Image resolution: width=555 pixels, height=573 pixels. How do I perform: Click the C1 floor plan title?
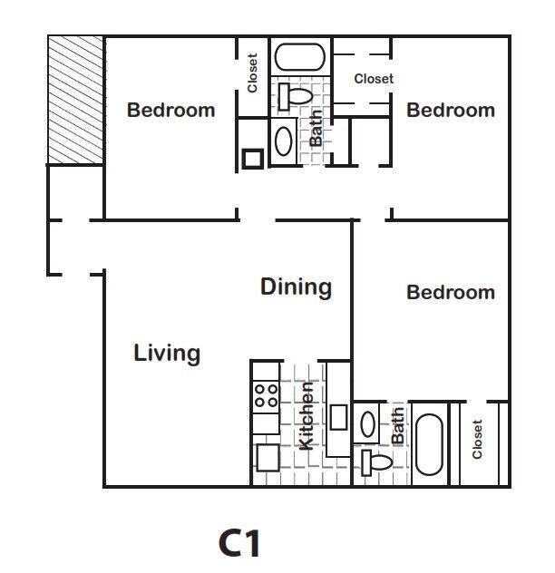point(239,543)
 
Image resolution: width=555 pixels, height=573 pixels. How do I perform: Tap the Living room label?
point(167,354)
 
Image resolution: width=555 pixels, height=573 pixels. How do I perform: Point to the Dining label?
point(297,286)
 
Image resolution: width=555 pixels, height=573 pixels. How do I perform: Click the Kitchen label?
point(306,416)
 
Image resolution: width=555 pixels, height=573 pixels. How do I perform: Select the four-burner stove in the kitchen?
point(266,396)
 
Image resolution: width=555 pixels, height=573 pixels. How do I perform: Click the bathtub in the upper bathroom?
point(300,57)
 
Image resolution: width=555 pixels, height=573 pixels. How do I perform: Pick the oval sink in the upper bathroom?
point(283,141)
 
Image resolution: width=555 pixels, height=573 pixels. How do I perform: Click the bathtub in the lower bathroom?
point(429,444)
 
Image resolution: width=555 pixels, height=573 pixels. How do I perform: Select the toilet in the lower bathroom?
point(376,462)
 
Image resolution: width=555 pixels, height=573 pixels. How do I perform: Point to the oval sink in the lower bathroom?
point(367,424)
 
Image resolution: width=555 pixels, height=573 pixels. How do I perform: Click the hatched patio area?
point(75,100)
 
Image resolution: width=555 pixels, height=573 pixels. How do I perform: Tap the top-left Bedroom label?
point(170,110)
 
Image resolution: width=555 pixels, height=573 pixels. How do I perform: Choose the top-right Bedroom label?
point(451,110)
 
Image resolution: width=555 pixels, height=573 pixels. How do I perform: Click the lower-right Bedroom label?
point(451,292)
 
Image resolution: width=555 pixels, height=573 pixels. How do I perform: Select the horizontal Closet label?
point(374,79)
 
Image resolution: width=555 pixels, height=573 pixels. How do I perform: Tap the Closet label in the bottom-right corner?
point(477,439)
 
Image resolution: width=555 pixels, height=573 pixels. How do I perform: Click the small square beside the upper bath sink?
point(253,159)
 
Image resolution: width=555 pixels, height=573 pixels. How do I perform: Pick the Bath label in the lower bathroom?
point(398,426)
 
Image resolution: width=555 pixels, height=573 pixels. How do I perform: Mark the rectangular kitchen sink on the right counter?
point(338,417)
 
